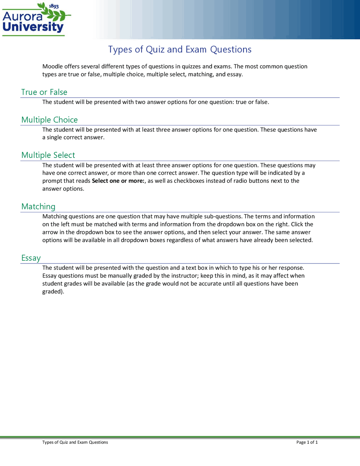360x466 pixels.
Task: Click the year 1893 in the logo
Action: (x=54, y=6)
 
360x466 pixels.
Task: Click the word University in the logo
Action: (x=33, y=27)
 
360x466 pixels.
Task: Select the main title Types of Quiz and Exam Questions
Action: (x=180, y=50)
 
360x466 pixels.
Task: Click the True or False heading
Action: (x=44, y=92)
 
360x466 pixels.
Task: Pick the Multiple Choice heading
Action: (x=49, y=120)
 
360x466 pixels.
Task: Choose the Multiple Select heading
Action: (x=48, y=155)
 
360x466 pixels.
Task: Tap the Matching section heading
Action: (x=38, y=207)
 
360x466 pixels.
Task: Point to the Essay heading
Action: (x=31, y=258)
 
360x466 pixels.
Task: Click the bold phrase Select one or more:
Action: (x=118, y=181)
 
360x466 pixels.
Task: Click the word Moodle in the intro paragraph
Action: (x=52, y=66)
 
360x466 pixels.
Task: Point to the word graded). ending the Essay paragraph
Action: (x=53, y=292)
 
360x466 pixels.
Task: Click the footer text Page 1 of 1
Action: (x=307, y=442)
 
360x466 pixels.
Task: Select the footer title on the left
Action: (x=75, y=442)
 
